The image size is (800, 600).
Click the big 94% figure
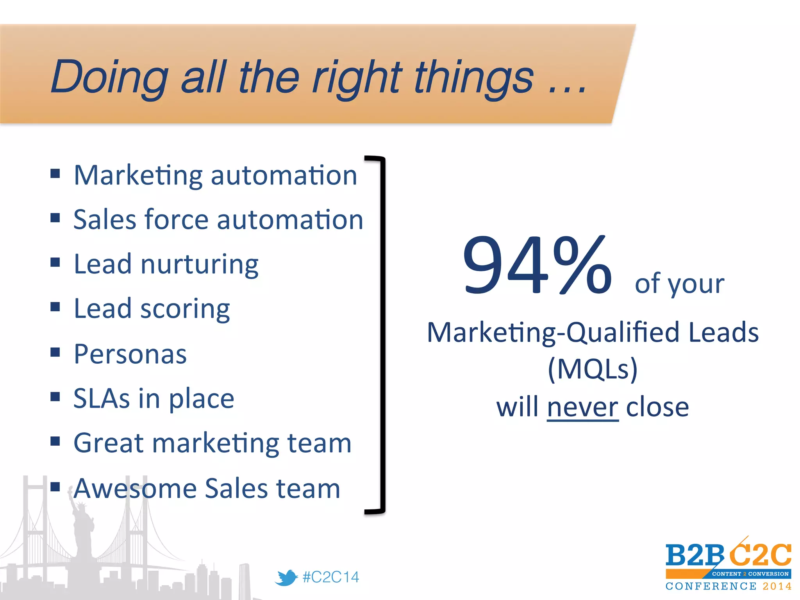click(537, 266)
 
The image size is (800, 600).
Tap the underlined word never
click(582, 407)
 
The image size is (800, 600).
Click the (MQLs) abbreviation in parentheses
click(592, 369)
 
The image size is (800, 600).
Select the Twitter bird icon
click(286, 577)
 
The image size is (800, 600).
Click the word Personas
click(130, 354)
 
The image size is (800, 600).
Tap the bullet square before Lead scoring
click(55, 307)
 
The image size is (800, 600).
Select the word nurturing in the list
click(199, 265)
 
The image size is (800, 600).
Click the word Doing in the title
click(109, 77)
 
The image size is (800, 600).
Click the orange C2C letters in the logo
click(760, 555)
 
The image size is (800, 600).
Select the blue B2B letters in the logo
click(695, 555)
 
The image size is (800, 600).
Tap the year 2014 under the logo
click(777, 586)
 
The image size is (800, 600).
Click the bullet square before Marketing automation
click(55, 173)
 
